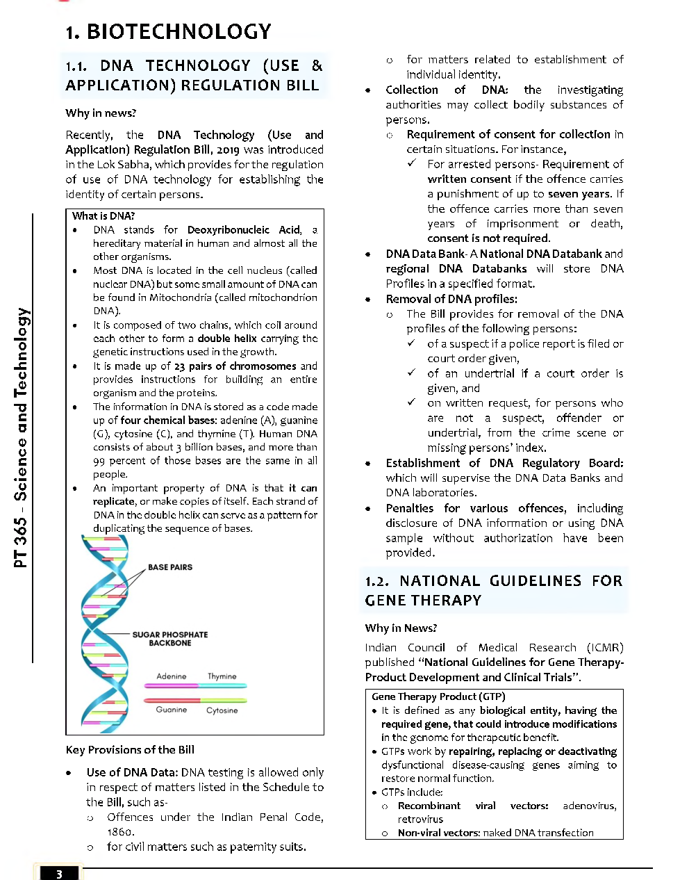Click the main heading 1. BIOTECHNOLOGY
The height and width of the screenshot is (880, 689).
tap(168, 31)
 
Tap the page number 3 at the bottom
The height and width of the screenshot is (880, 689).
tap(59, 874)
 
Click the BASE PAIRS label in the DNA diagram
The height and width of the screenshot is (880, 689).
tap(169, 567)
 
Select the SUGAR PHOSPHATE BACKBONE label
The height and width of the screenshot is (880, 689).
tap(169, 639)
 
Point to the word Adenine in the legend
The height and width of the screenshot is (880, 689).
tap(171, 676)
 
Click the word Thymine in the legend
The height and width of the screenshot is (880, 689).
tap(222, 676)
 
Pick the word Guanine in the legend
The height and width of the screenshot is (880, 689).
tap(171, 710)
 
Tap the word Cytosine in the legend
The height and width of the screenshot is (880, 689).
tap(222, 710)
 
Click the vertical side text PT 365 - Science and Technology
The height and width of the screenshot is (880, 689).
tap(22, 438)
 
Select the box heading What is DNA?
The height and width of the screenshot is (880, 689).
tap(103, 215)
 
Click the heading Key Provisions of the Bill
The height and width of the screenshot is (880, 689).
tap(130, 749)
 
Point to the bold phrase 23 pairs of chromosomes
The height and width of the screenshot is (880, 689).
tap(235, 366)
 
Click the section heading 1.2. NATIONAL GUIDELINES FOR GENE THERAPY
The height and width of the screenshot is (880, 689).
tap(493, 590)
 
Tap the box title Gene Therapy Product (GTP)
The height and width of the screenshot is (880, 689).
tap(438, 696)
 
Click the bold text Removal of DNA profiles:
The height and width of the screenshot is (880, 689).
tap(451, 299)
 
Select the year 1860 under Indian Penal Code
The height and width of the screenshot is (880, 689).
tap(120, 832)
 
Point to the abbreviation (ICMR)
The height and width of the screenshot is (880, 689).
tap(604, 647)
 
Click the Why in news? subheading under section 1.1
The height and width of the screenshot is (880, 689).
tap(101, 113)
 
